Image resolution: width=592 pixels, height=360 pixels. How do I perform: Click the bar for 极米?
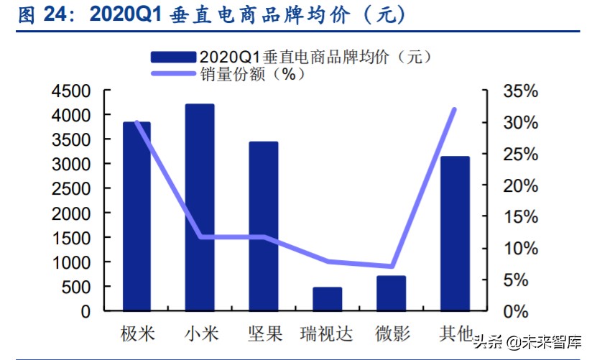[137, 216]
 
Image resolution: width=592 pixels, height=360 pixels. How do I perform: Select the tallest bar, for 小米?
[200, 208]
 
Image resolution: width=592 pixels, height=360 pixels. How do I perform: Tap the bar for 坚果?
[264, 226]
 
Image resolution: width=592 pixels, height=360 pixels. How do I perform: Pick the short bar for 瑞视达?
[328, 299]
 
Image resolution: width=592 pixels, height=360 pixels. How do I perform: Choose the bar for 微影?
[392, 293]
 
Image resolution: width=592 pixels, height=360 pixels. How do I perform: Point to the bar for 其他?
[455, 234]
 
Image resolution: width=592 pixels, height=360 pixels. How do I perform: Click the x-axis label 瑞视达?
[328, 334]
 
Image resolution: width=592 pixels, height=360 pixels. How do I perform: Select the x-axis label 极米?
[137, 334]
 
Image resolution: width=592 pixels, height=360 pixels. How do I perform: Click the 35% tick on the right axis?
[520, 91]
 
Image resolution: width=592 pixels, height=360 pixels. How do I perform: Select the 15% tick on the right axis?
[520, 217]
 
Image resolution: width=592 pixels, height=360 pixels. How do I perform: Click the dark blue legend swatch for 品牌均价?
[173, 56]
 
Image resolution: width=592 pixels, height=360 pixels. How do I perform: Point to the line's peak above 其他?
[454, 109]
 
